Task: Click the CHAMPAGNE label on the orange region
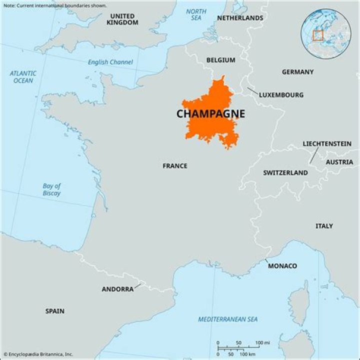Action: coord(210,114)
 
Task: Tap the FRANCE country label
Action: coord(175,165)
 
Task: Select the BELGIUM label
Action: coord(220,60)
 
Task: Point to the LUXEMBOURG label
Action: coord(281,94)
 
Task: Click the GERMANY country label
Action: coord(297,72)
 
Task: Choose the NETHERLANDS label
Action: coord(239,18)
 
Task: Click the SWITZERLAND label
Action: coord(285,172)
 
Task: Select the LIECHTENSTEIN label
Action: coord(326,143)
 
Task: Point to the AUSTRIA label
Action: coord(339,162)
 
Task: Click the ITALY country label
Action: coord(324,226)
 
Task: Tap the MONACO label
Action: coord(282,265)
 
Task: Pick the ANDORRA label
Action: coord(117,289)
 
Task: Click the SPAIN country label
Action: coord(55,311)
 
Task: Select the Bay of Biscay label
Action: coord(51,189)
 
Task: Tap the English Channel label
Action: coord(110,62)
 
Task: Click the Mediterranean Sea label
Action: coord(227,319)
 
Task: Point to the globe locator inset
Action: coord(325,33)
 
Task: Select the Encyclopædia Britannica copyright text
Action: coord(38,354)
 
